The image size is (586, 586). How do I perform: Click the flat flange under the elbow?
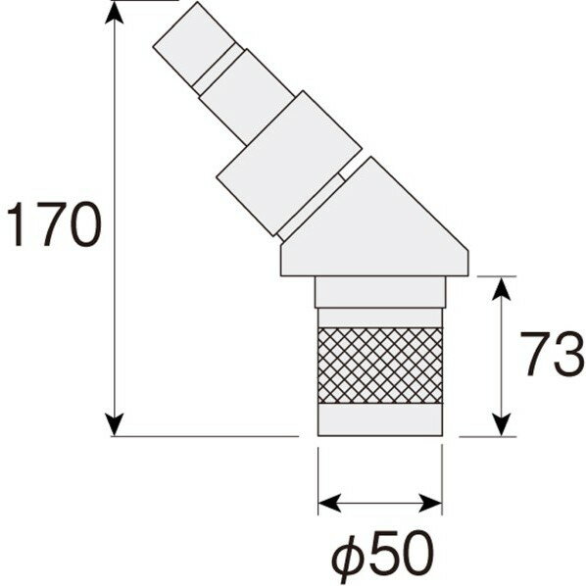tap(376, 261)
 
